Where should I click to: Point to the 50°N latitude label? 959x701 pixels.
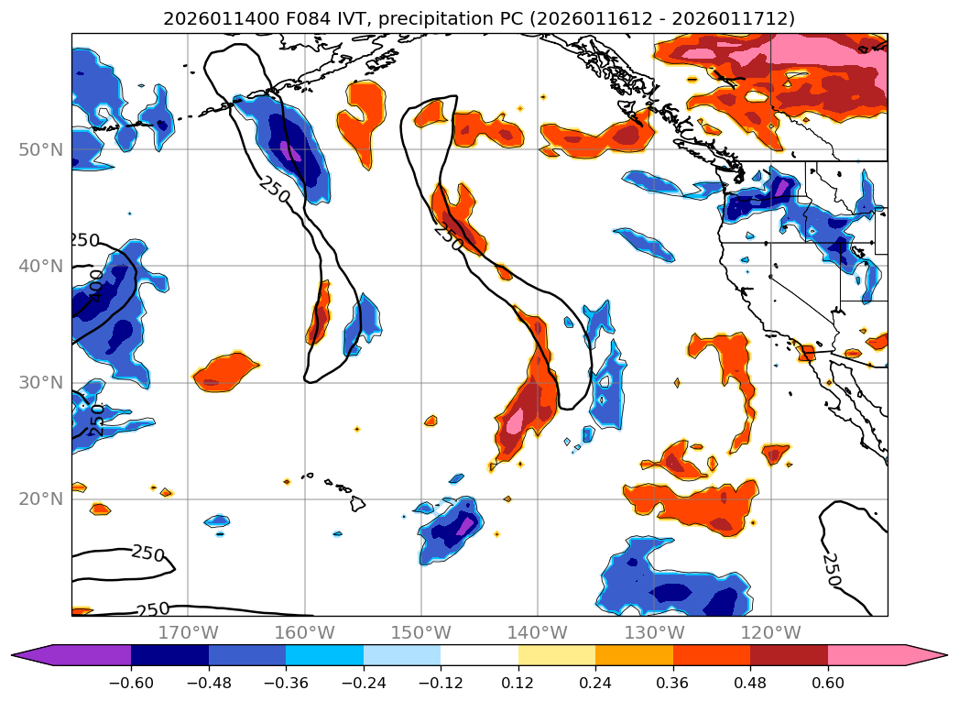pos(41,149)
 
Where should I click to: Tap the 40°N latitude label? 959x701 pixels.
pos(41,266)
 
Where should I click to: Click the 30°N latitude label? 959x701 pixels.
pos(41,382)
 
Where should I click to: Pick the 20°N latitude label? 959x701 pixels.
pos(41,498)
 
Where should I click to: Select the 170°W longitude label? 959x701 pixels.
pos(188,632)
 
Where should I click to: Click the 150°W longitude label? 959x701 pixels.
pos(421,632)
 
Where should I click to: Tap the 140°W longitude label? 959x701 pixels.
pos(538,632)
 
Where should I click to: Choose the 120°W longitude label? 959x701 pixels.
pos(771,632)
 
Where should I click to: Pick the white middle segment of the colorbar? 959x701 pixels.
pos(479,654)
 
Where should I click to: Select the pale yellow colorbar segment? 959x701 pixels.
pos(557,654)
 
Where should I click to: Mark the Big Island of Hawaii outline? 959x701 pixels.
pos(357,503)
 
